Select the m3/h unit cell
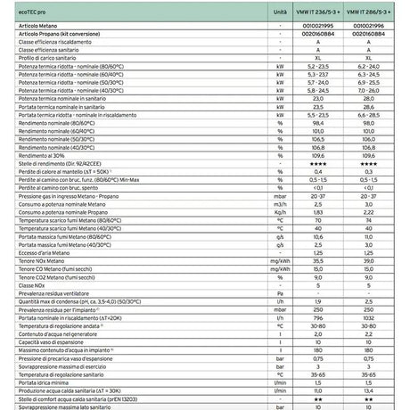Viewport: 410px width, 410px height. pos(280,203)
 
